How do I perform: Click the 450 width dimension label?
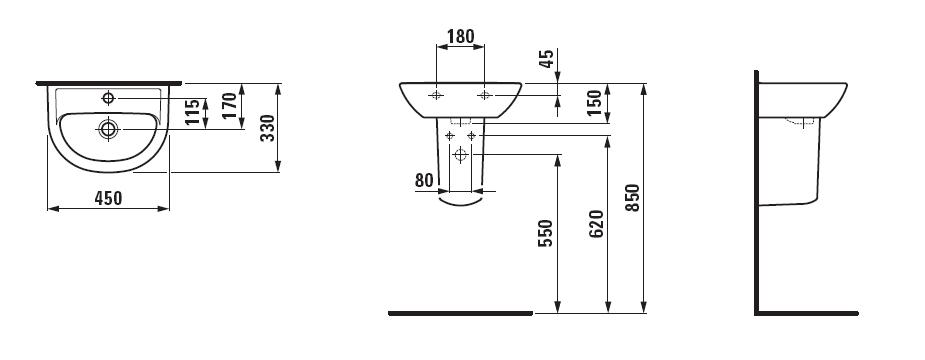[x=108, y=198]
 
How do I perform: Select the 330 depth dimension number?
[x=268, y=127]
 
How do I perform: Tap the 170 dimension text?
[x=230, y=106]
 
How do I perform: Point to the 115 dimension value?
[x=192, y=112]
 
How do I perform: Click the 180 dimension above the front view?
[x=460, y=37]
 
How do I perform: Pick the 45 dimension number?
[x=547, y=58]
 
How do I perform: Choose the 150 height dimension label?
[x=595, y=103]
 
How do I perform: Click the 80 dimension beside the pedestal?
[x=424, y=180]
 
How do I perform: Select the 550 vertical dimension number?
[x=546, y=233]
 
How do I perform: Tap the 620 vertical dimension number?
[x=596, y=224]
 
